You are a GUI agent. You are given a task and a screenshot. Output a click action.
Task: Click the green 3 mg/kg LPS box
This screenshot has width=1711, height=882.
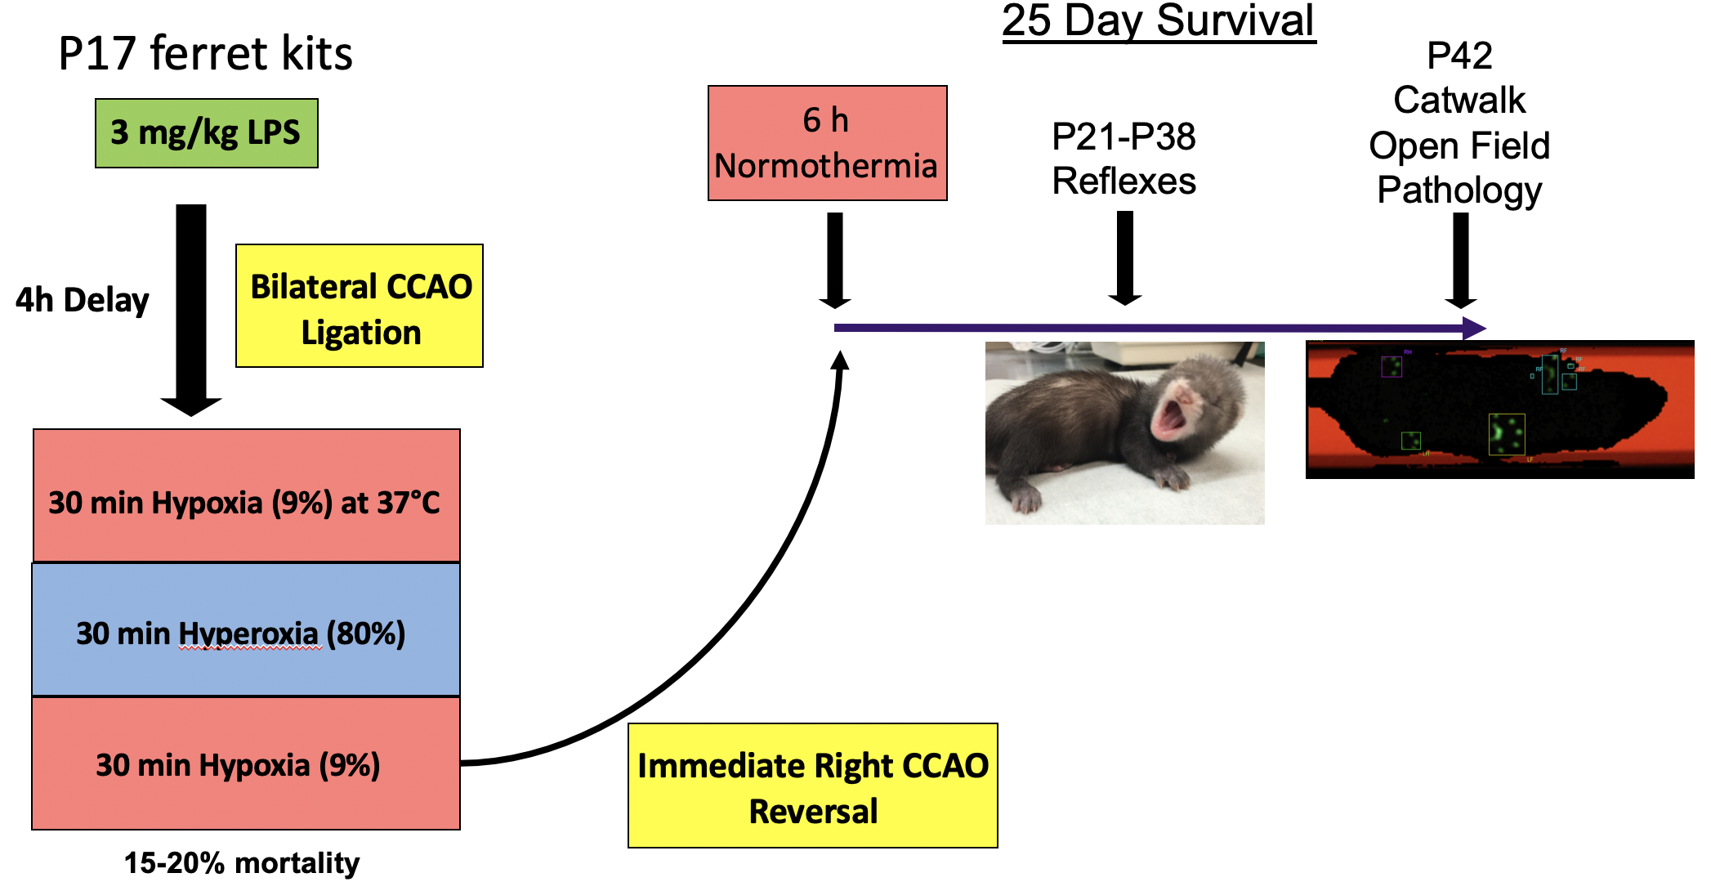click(206, 133)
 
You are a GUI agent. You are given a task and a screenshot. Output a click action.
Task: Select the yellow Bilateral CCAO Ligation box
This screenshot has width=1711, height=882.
click(360, 306)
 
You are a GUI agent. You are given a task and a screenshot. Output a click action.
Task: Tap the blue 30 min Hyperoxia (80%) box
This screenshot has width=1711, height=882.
click(246, 630)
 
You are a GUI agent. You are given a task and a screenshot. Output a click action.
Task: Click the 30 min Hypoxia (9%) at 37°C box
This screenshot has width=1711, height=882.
click(246, 496)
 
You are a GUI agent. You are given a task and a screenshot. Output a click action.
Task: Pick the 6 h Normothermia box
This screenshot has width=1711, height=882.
click(827, 143)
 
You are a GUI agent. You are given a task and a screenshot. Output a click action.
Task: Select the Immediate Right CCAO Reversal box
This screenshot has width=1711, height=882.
click(812, 786)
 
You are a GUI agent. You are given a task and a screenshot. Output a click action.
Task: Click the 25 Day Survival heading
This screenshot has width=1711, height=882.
click(1158, 21)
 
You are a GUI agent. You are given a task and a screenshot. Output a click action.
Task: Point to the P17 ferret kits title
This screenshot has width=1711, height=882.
click(205, 54)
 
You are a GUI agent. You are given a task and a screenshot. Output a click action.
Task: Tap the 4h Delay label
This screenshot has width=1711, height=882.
click(82, 300)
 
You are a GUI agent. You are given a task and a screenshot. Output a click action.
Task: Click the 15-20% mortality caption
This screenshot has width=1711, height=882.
click(242, 863)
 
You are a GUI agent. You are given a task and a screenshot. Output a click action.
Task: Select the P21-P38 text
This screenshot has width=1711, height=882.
click(1124, 137)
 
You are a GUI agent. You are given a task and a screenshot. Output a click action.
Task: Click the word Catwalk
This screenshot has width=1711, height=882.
click(1459, 101)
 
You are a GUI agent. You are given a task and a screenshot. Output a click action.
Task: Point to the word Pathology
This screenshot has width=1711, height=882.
click(1459, 190)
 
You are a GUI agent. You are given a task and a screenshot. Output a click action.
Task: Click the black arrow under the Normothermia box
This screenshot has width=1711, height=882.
click(835, 259)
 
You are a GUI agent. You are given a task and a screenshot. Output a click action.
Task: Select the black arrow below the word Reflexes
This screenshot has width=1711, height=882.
click(1125, 257)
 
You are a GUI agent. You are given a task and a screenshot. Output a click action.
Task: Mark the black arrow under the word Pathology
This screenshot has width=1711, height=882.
click(1461, 259)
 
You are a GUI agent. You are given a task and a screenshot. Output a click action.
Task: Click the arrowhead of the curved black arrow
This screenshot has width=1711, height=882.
click(840, 360)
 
